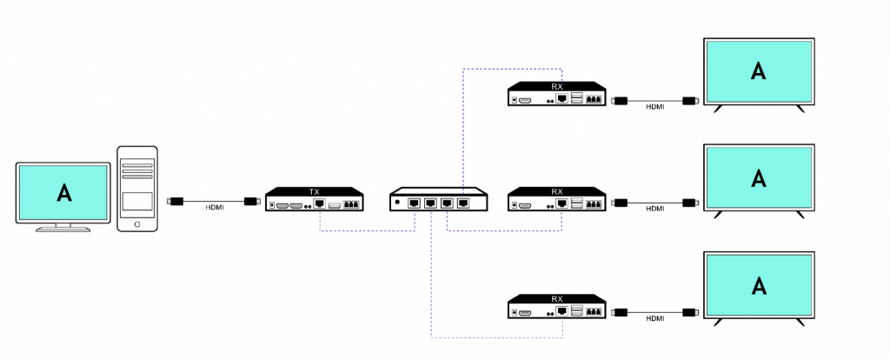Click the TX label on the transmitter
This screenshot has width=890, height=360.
pyautogui.click(x=315, y=192)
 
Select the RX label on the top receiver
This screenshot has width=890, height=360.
pyautogui.click(x=557, y=87)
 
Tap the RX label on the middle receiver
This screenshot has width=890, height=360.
pyautogui.click(x=557, y=192)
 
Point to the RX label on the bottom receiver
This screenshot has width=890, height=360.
pyautogui.click(x=557, y=299)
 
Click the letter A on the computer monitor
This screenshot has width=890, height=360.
pyautogui.click(x=64, y=193)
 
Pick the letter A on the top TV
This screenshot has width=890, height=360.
pyautogui.click(x=758, y=70)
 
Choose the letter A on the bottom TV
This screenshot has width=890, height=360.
pyautogui.click(x=758, y=285)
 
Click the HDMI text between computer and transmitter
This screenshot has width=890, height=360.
pyautogui.click(x=215, y=208)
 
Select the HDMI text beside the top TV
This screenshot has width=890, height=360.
pyautogui.click(x=655, y=107)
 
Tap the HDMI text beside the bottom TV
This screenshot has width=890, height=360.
pyautogui.click(x=655, y=318)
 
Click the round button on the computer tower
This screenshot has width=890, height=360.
pyautogui.click(x=137, y=224)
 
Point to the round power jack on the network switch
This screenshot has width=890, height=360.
pyautogui.click(x=397, y=202)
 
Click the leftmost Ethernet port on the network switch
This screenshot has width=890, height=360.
pyautogui.click(x=414, y=203)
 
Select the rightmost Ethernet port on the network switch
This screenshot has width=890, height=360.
pyautogui.click(x=463, y=203)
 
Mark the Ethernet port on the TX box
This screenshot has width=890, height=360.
pyautogui.click(x=320, y=204)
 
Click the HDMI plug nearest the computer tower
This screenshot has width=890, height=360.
pyautogui.click(x=176, y=201)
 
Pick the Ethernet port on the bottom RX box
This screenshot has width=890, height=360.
pyautogui.click(x=562, y=311)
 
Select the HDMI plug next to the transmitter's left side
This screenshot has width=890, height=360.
pyautogui.click(x=252, y=201)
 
